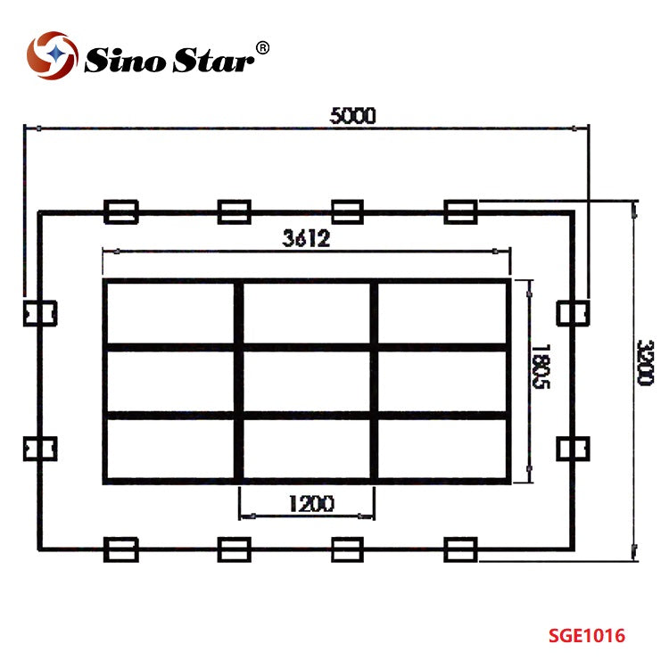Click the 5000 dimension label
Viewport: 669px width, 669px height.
pyautogui.click(x=353, y=116)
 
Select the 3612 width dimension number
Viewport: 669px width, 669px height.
pyautogui.click(x=306, y=238)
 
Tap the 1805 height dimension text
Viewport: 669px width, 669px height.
pyautogui.click(x=541, y=366)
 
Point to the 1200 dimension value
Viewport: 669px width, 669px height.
pyautogui.click(x=311, y=503)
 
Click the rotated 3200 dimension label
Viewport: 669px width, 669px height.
pyautogui.click(x=644, y=363)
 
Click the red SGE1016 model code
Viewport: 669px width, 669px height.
pyautogui.click(x=587, y=636)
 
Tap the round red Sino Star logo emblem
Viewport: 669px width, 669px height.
pyautogui.click(x=52, y=55)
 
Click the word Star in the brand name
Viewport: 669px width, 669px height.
pyautogui.click(x=213, y=60)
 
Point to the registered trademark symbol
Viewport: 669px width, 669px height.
pyautogui.click(x=262, y=48)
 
